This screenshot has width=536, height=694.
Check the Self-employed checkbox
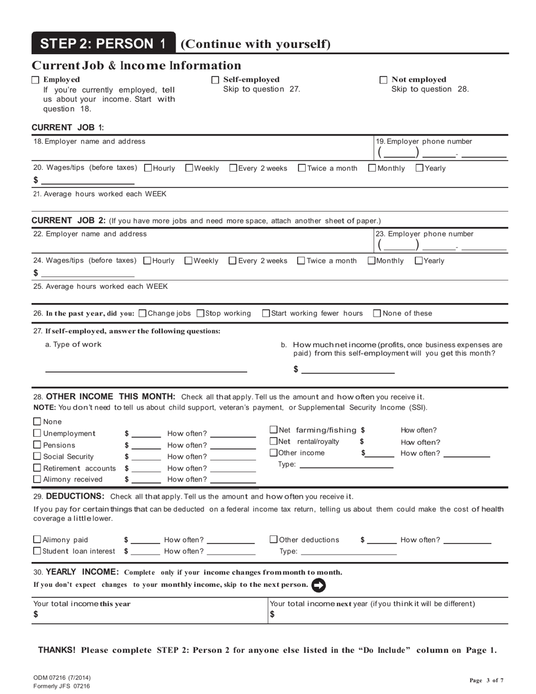pos(215,80)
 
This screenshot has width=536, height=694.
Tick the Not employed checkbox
pos(384,80)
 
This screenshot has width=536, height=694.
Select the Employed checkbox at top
pos(36,80)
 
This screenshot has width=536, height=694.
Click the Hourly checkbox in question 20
pos(148,168)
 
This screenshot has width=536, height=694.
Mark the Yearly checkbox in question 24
pos(419,260)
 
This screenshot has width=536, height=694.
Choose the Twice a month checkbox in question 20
pos(302,168)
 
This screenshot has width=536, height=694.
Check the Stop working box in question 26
pos(201,313)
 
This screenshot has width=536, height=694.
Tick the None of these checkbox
pos(377,313)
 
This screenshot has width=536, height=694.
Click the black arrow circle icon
pos(319,585)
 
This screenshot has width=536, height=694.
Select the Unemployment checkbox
pos(37,433)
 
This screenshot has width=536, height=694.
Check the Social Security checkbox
pos(37,456)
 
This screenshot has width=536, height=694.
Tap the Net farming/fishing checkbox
pos(274,430)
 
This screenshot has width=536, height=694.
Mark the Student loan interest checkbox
pos(37,551)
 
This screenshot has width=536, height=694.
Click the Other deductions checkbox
pos(274,539)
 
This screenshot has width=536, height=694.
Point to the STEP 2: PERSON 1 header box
pos(103,43)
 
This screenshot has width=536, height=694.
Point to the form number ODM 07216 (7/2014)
pos(61,678)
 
